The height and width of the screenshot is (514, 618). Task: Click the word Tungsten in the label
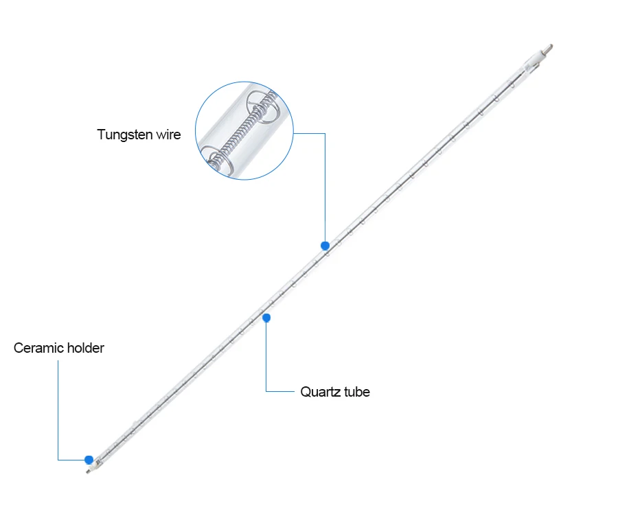[x=125, y=135]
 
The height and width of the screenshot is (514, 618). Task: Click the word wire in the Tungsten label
[x=169, y=135]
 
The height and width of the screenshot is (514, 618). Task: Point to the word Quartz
[x=321, y=392]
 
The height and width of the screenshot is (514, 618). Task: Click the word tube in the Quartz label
[x=357, y=392]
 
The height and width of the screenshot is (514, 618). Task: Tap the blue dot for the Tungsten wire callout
[x=325, y=246]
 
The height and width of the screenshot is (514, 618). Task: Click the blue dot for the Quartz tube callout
[x=266, y=318]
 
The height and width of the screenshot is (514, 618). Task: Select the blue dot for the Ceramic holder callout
[x=89, y=459]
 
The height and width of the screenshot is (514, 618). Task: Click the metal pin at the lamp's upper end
[x=547, y=49]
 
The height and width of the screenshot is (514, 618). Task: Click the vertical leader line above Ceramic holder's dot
[x=58, y=412]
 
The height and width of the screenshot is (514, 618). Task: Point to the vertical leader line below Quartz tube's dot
[x=266, y=357]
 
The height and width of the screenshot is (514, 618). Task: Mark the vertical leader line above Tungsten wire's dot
[x=325, y=185]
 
